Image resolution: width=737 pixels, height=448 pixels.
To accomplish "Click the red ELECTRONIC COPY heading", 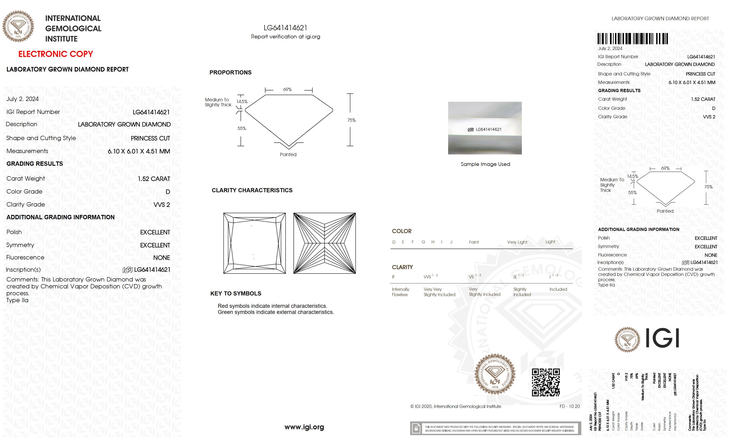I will pyautogui.click(x=56, y=54).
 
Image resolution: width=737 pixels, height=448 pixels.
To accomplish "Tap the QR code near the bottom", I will pyautogui.click(x=546, y=382).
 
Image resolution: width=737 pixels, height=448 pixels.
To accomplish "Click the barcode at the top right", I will pyautogui.click(x=633, y=39).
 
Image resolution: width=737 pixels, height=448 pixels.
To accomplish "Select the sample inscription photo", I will pyautogui.click(x=485, y=128).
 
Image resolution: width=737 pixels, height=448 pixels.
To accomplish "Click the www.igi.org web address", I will pyautogui.click(x=304, y=427).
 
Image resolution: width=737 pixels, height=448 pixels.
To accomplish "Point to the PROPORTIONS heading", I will pyautogui.click(x=230, y=72).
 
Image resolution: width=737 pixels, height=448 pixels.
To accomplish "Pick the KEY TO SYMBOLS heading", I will pyautogui.click(x=236, y=294).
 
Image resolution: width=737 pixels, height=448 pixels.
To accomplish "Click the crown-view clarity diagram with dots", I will pyautogui.click(x=255, y=243).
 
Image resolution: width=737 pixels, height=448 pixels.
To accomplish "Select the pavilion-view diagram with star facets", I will pyautogui.click(x=325, y=243).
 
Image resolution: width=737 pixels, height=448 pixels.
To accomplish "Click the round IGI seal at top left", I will pyautogui.click(x=18, y=26).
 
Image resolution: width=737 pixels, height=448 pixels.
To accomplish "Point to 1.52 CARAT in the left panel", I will pyautogui.click(x=154, y=179).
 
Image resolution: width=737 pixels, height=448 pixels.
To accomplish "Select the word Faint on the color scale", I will pyautogui.click(x=474, y=242).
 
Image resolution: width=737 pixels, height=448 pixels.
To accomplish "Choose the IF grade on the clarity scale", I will pyautogui.click(x=393, y=277).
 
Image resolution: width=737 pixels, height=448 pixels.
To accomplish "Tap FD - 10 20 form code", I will pyautogui.click(x=569, y=406).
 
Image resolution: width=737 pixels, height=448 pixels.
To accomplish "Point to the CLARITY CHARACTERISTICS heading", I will pyautogui.click(x=252, y=190).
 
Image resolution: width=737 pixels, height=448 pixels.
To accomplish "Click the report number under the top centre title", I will pyautogui.click(x=285, y=28).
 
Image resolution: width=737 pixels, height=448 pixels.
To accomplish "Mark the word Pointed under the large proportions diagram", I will pyautogui.click(x=288, y=154).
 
